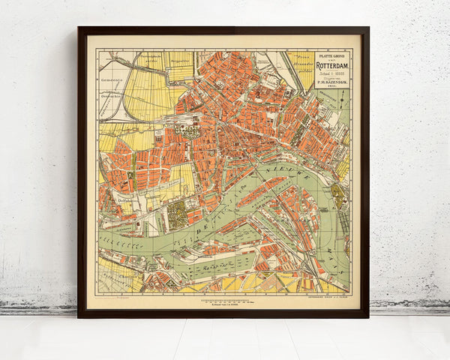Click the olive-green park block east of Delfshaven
pyautogui.click(x=177, y=214)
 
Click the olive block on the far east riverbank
pyautogui.click(x=338, y=196)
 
